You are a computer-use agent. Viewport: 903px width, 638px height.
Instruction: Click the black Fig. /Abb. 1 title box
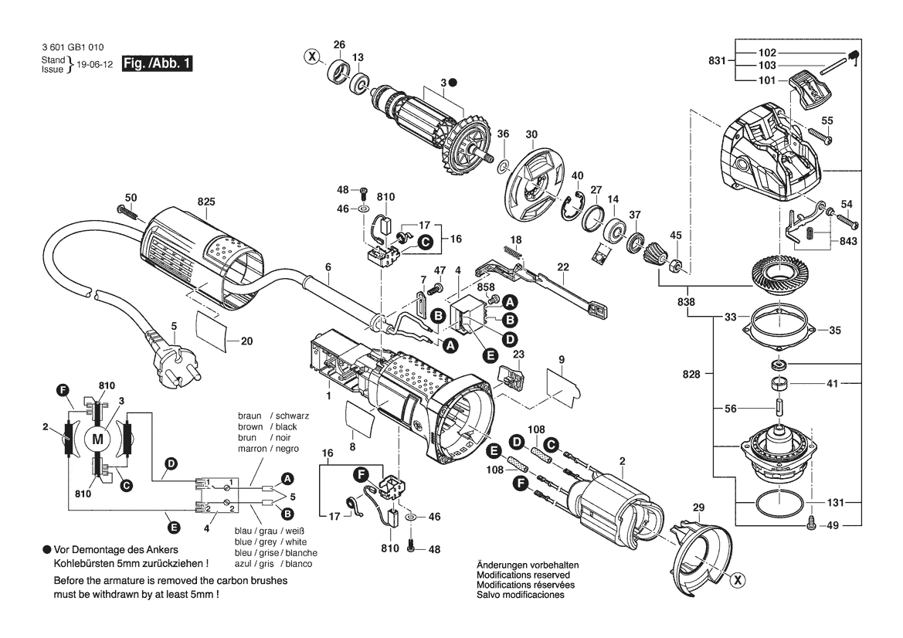158,63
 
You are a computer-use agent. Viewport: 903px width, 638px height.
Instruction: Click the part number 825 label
206,202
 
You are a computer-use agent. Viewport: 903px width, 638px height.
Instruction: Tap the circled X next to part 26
311,56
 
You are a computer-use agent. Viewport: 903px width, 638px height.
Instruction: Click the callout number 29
698,507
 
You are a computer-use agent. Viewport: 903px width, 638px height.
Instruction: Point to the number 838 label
686,302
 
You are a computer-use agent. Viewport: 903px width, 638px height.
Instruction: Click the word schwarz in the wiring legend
292,416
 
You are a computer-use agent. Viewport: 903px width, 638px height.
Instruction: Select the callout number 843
848,241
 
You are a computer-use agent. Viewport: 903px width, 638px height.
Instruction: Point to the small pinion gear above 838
654,253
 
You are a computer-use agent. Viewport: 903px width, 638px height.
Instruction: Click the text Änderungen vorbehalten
528,565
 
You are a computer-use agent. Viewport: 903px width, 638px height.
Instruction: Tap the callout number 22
562,267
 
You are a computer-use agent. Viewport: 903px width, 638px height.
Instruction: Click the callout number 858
485,287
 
